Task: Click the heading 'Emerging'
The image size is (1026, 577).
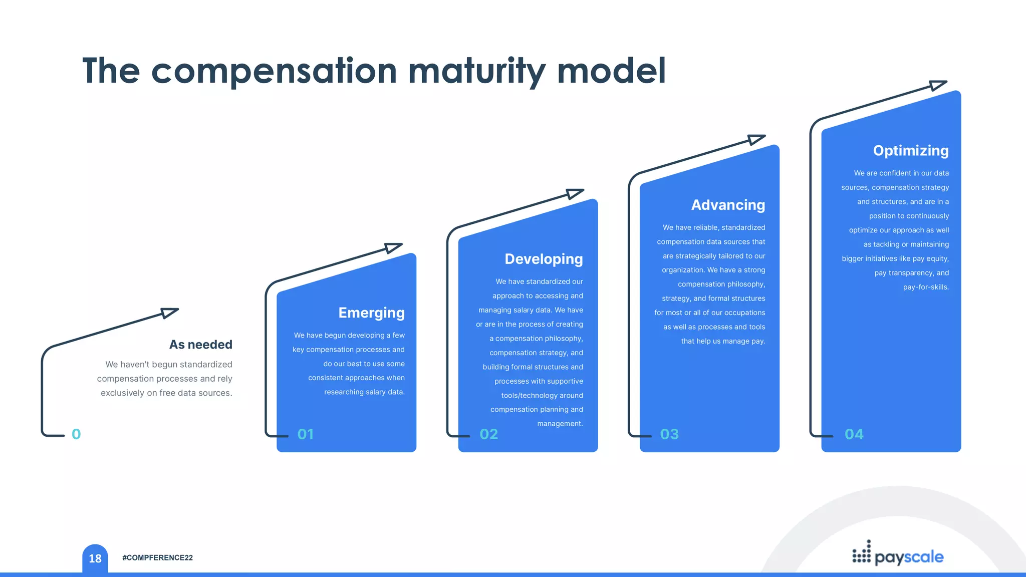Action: (371, 313)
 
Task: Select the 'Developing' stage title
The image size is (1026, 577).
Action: (544, 259)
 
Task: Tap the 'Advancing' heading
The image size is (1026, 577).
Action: (728, 205)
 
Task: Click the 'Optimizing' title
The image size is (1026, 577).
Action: (910, 151)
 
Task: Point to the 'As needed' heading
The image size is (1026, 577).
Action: (200, 345)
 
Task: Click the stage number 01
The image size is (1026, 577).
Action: (306, 434)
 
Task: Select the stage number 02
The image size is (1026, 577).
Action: (488, 434)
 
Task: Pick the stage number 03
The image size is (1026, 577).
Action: (669, 434)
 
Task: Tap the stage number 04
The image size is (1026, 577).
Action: (854, 434)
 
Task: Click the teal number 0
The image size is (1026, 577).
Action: (76, 434)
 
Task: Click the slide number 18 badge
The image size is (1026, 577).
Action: (95, 558)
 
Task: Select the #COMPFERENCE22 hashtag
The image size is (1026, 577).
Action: (157, 558)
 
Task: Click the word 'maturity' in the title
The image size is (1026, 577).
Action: (476, 71)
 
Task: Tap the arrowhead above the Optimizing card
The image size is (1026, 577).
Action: (937, 85)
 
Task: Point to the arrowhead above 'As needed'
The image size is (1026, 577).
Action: (169, 313)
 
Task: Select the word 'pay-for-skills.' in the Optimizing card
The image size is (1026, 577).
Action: (925, 287)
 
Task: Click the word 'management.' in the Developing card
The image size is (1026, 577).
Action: (560, 424)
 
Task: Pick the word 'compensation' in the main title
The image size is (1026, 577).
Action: (274, 71)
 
